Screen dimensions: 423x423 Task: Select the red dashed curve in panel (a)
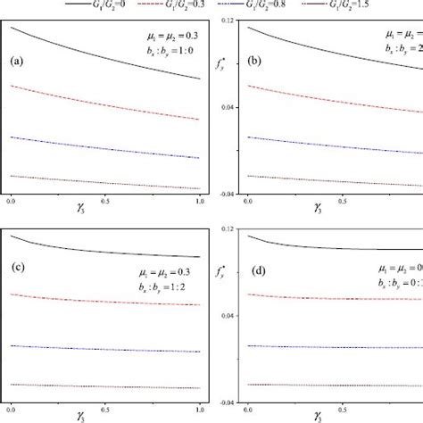[107, 106]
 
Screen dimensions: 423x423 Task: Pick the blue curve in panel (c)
[107, 346]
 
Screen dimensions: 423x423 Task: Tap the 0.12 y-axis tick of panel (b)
[228, 20]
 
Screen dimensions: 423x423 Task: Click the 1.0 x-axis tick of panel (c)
[199, 411]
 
